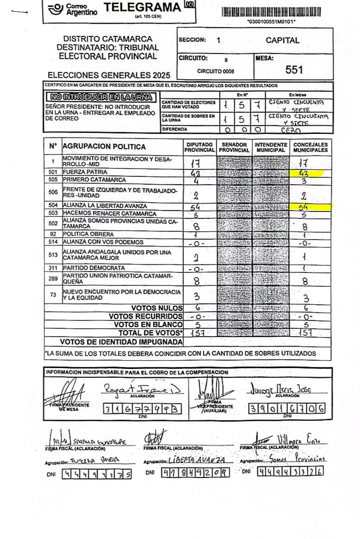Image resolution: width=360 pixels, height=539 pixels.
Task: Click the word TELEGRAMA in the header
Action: (142, 7)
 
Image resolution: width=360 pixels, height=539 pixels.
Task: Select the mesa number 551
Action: (294, 70)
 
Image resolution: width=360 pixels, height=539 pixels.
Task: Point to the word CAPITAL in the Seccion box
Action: (282, 40)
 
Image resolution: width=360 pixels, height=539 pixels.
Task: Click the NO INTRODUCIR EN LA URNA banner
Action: (100, 97)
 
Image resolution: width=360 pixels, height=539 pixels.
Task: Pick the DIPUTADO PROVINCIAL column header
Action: (200, 147)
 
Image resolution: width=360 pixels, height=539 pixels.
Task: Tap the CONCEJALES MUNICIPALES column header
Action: (311, 147)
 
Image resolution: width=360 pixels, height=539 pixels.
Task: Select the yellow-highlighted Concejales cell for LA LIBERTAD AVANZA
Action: (305, 207)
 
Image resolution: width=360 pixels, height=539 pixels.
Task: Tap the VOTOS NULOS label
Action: (157, 308)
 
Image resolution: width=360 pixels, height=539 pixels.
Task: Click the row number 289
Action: (53, 279)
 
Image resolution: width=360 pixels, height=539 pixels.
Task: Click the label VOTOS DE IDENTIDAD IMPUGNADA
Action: (121, 342)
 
